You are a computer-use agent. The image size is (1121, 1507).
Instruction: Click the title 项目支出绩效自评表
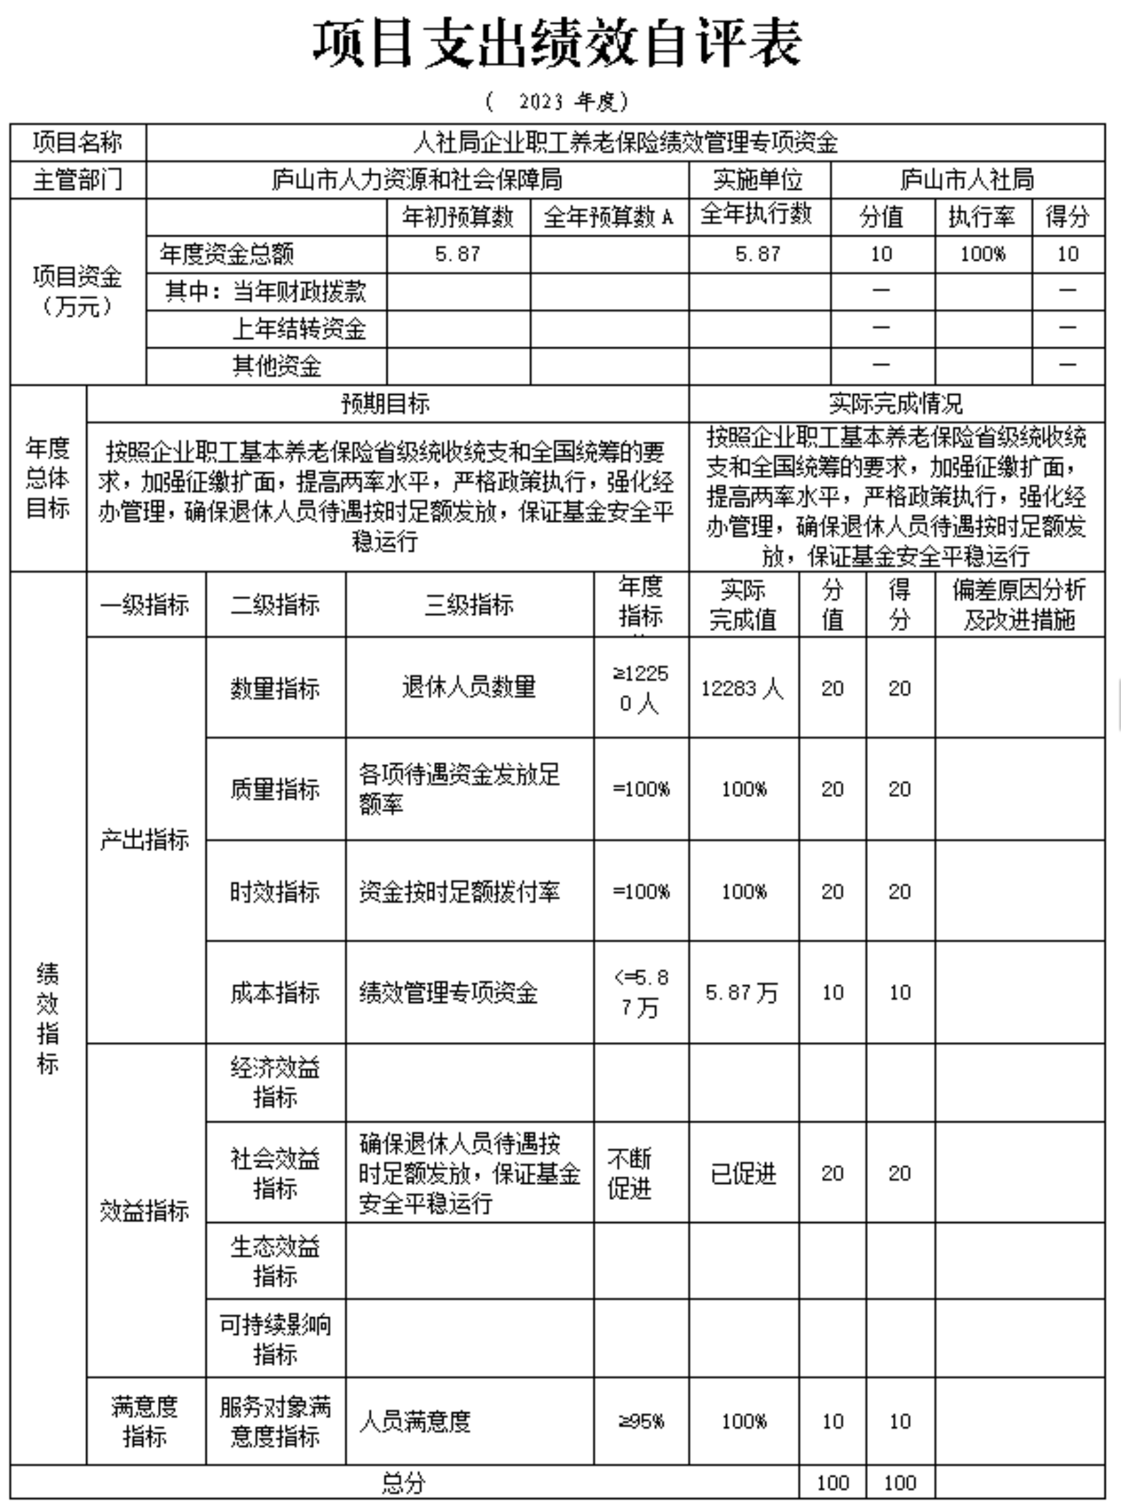(557, 44)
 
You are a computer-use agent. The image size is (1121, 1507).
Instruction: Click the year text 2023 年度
(557, 102)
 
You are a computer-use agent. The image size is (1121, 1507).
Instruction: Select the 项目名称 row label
(78, 142)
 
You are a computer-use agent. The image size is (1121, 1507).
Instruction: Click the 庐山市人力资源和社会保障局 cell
(416, 180)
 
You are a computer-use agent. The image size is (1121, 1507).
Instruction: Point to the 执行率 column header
(982, 217)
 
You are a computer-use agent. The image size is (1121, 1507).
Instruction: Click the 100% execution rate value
(982, 254)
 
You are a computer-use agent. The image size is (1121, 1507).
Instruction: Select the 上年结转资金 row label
(298, 329)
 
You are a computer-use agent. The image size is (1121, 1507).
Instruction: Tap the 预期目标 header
(385, 404)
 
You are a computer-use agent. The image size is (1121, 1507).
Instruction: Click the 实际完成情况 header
(895, 404)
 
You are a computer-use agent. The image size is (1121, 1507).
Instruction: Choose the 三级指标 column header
(469, 605)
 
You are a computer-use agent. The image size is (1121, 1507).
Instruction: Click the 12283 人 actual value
(742, 688)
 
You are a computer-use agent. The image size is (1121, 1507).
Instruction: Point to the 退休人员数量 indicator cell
(469, 687)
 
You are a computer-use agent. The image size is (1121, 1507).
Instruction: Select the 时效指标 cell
(275, 892)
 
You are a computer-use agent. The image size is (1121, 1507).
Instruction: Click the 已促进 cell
(743, 1174)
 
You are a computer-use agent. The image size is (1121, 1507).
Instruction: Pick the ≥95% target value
(641, 1421)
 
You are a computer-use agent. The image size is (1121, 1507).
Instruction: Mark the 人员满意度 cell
(414, 1421)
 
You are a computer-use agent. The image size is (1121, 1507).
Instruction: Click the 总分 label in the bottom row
(403, 1483)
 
